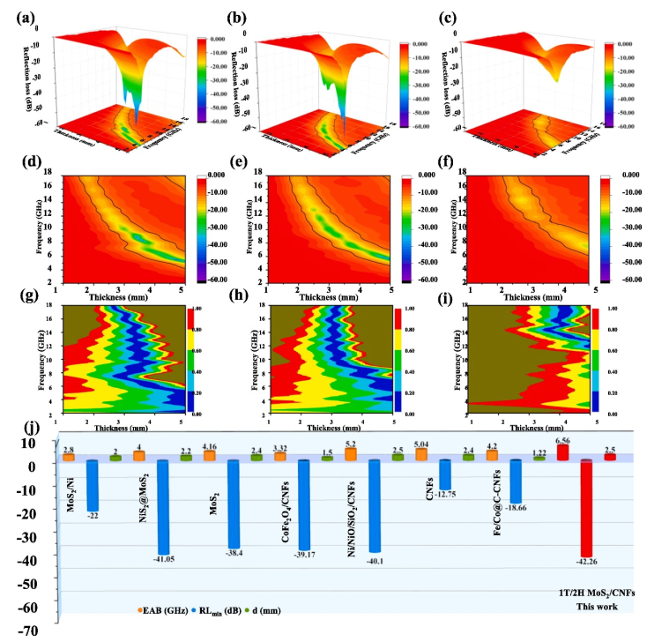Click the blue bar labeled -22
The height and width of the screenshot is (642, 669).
(x=92, y=484)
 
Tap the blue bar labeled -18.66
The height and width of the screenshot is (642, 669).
(x=516, y=481)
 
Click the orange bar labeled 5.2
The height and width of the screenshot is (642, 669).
(x=350, y=454)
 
